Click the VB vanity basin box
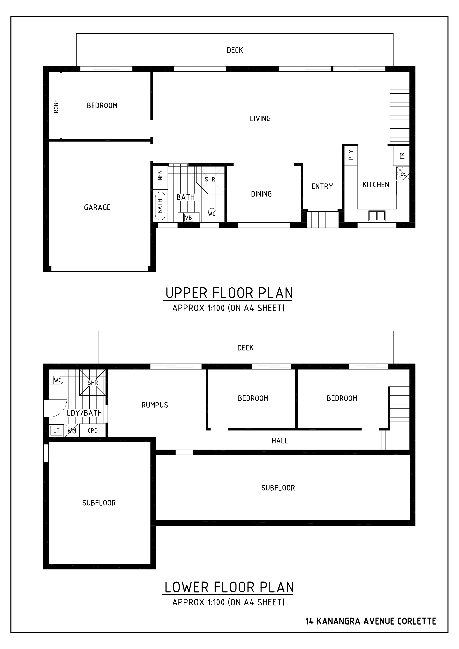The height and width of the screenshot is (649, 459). pos(188,218)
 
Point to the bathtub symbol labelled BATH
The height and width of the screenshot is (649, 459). pos(160,206)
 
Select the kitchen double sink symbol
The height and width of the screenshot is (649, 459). pos(377,216)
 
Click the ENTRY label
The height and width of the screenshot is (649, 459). pos(322,186)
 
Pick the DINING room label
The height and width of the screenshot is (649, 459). pos(261,194)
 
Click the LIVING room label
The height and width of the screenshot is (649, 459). pos(260,119)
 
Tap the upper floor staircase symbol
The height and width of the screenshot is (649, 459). pos(400,116)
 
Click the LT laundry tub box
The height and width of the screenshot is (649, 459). pos(56,431)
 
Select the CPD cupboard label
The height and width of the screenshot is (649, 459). pos(93,431)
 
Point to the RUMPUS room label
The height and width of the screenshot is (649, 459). pos(155,405)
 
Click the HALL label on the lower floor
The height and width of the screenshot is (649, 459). pos(280,441)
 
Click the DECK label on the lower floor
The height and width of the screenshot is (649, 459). pos(245,348)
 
